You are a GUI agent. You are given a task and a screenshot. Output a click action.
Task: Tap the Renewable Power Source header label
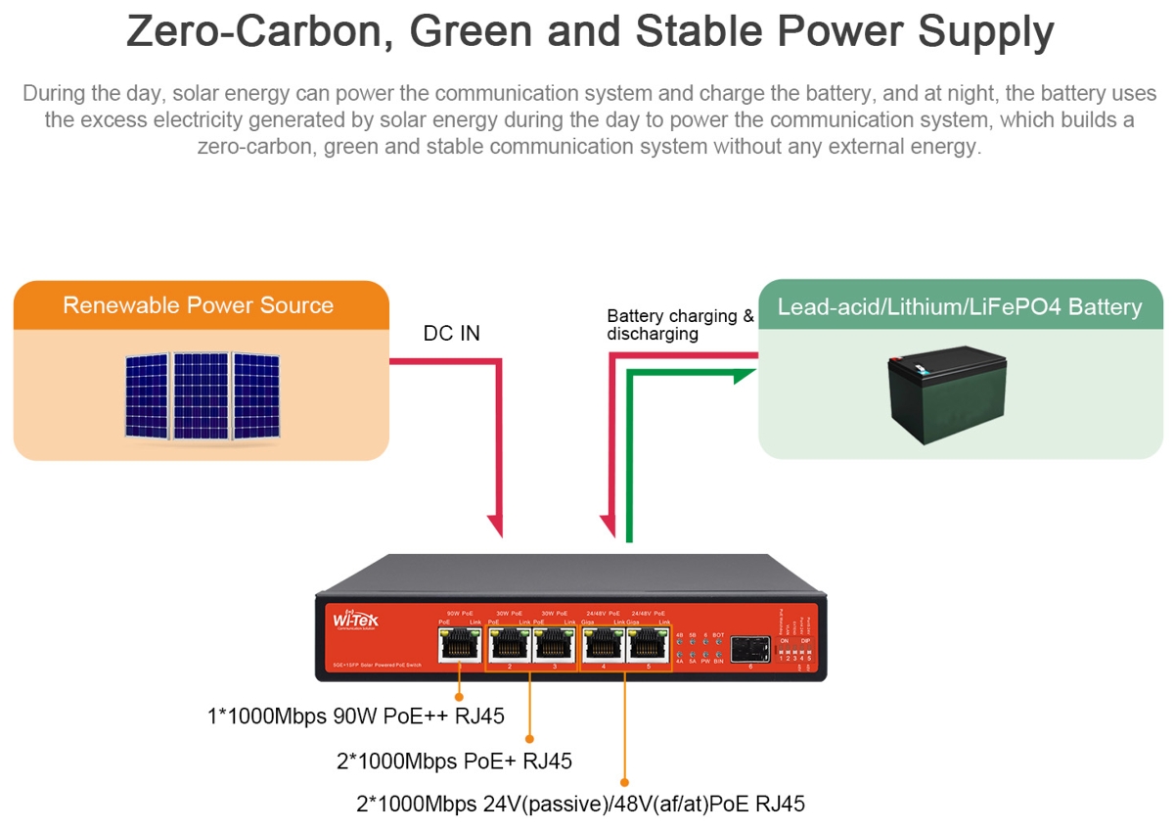198,305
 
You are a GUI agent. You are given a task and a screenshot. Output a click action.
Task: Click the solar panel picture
202,394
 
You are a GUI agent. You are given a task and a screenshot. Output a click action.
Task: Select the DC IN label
451,334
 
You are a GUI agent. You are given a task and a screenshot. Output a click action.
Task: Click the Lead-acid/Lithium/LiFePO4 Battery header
959,307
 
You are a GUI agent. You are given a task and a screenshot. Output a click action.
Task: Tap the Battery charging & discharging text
680,325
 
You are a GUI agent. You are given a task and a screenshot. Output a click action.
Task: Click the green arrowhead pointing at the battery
749,372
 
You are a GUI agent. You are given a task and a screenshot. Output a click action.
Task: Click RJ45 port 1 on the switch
459,645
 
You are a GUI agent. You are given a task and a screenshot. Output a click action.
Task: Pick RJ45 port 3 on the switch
553,645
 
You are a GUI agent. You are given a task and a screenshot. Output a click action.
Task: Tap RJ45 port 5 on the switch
647,645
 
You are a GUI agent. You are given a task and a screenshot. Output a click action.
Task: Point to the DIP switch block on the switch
794,651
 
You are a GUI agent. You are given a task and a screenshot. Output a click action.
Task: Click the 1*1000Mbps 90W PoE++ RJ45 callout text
356,716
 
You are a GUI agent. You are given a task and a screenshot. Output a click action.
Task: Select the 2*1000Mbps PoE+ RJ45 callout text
454,761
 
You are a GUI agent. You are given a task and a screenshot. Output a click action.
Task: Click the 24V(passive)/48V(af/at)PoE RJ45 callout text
581,805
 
